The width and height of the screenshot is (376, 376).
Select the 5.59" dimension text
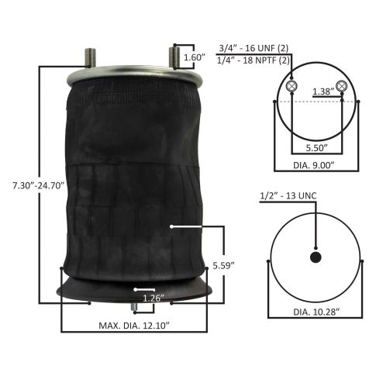click(224, 266)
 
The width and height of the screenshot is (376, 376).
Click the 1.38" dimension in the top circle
click(316, 91)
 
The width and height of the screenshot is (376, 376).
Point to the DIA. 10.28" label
click(316, 312)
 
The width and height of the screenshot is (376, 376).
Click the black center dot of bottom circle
click(316, 257)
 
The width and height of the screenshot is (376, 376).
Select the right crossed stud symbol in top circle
click(340, 85)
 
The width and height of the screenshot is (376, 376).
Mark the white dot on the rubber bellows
click(169, 226)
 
